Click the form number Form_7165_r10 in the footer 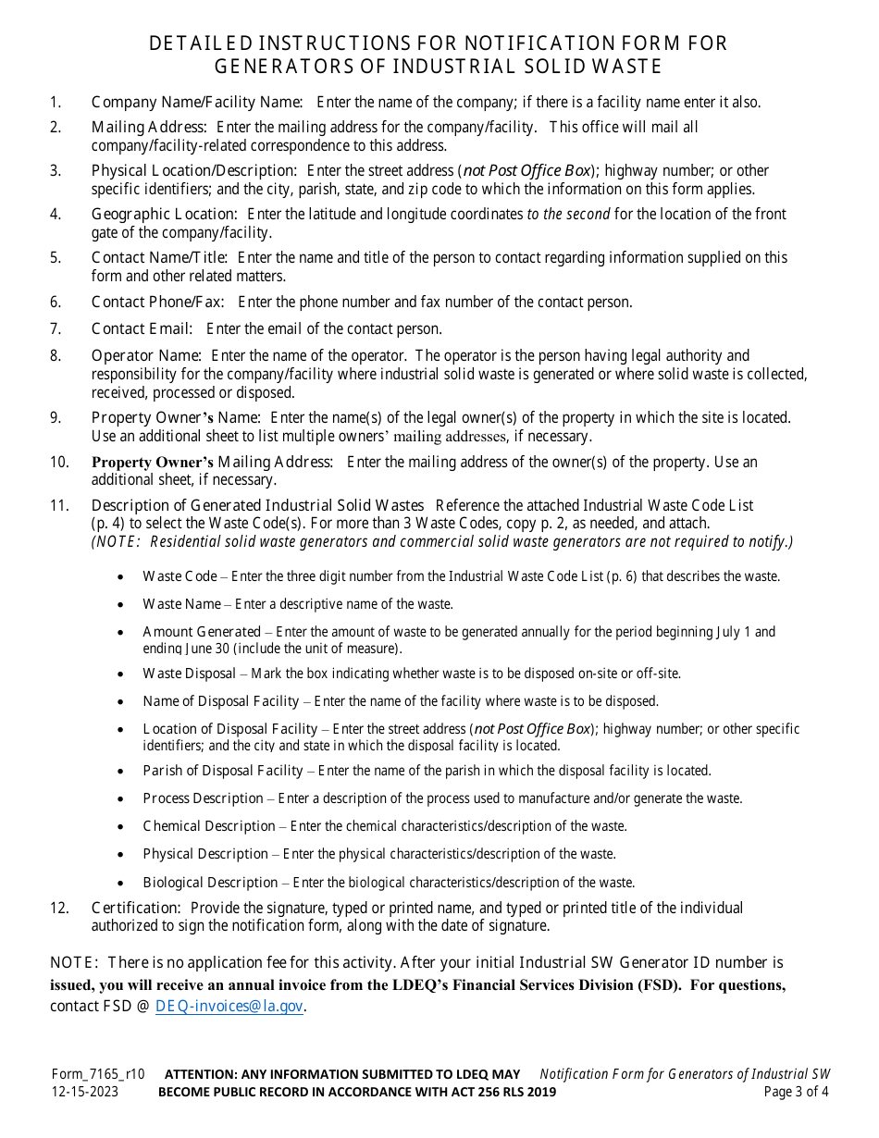98,1074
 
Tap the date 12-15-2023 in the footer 85,1092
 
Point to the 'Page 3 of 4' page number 797,1092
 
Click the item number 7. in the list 56,328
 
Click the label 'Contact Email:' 142,328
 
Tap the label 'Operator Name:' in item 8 146,355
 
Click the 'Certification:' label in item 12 135,908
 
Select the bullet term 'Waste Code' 180,576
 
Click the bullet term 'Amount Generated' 202,632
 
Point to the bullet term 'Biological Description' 210,883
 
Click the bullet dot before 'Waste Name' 122,605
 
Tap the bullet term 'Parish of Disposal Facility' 222,771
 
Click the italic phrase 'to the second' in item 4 568,214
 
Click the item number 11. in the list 59,505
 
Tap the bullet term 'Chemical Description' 208,826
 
